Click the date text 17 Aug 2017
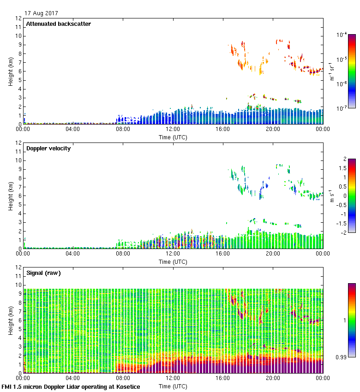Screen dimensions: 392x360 42,13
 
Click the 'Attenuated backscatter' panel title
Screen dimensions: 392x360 59,24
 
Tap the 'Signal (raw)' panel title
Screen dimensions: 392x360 44,273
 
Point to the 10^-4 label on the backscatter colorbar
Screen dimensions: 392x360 342,35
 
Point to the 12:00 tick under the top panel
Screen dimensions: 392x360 173,129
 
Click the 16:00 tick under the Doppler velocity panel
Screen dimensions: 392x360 223,253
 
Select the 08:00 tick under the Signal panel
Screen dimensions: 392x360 123,378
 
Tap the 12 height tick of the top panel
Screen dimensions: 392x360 19,19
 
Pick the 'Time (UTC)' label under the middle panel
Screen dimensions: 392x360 173,261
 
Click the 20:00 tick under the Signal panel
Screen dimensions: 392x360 273,378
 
